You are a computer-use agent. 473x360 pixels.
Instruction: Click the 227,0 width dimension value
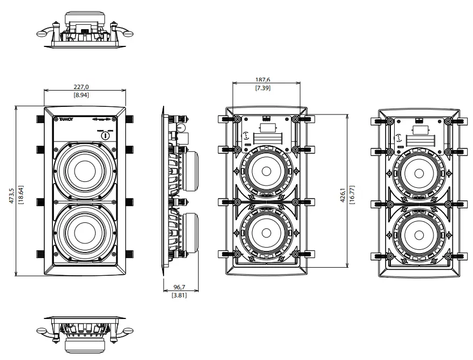point(81,86)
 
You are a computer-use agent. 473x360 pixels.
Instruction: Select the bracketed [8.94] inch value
point(81,94)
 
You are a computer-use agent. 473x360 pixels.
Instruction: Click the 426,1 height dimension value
point(342,192)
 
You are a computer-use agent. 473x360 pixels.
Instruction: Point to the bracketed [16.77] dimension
point(350,192)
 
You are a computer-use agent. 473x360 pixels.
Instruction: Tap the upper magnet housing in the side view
point(191,172)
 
